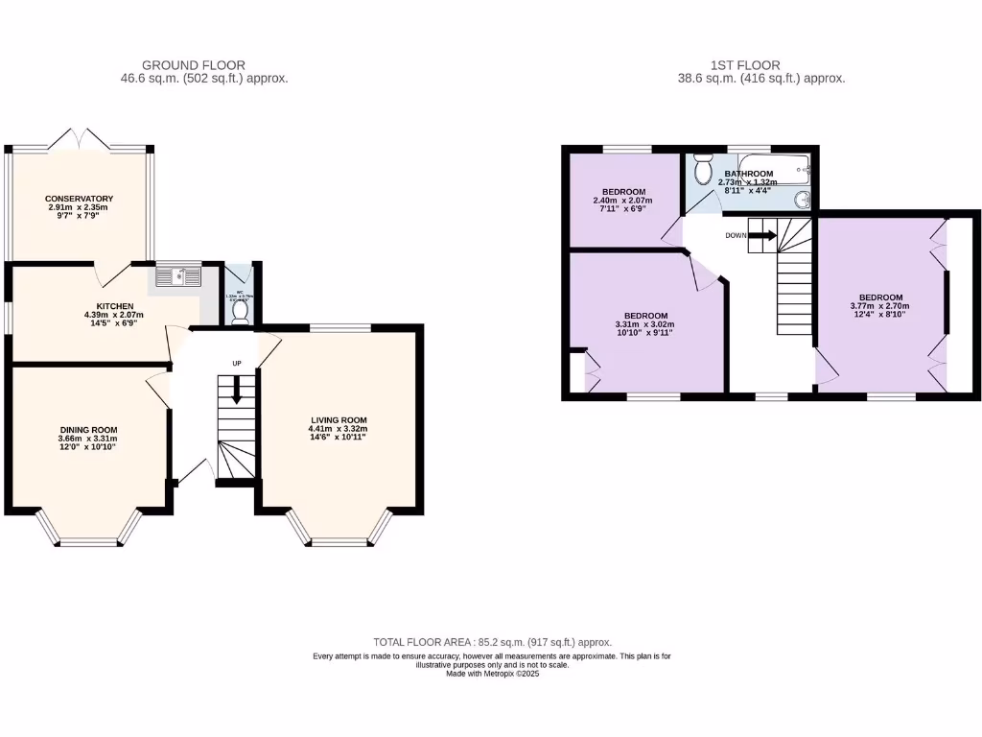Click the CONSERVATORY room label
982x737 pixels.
pos(80,199)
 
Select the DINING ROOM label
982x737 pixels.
pos(87,430)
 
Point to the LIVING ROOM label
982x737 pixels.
pos(339,420)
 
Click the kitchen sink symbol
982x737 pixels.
pos(179,276)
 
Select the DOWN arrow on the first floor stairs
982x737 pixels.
pos(763,234)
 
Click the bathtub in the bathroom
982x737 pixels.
pos(775,171)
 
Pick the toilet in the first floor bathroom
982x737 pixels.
pos(703,171)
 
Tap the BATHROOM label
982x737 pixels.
pos(748,174)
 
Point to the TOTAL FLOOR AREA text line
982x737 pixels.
pos(492,642)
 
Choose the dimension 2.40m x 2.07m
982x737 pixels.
pos(624,200)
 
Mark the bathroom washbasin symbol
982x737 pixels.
pos(803,199)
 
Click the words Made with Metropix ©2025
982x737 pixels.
pos(492,674)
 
